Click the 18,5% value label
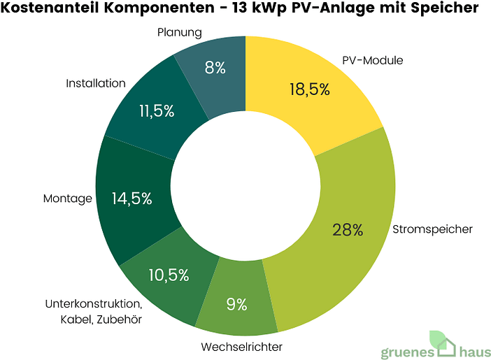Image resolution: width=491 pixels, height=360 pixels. pyautogui.click(x=310, y=89)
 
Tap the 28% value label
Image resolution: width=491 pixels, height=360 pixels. pyautogui.click(x=348, y=229)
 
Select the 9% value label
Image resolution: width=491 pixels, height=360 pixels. pyautogui.click(x=236, y=304)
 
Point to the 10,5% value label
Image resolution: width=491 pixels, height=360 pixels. pyautogui.click(x=169, y=275)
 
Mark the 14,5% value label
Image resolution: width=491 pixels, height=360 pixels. pyautogui.click(x=131, y=199)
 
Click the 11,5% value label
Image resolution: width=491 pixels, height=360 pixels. pyautogui.click(x=157, y=111)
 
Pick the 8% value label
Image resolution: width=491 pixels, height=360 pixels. pyautogui.click(x=215, y=68)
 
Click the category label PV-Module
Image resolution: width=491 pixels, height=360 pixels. pyautogui.click(x=373, y=60)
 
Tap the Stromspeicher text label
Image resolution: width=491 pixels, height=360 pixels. pyautogui.click(x=432, y=229)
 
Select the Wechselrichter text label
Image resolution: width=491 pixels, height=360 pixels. pyautogui.click(x=242, y=347)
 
